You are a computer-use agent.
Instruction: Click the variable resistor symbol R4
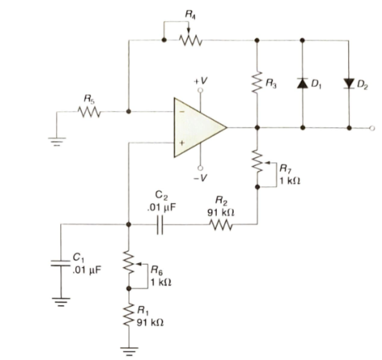pyautogui.click(x=190, y=40)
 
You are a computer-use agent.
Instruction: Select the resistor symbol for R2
pyautogui.click(x=221, y=224)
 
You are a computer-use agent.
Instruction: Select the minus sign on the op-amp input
pyautogui.click(x=182, y=111)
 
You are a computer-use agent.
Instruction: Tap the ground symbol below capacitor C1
pyautogui.click(x=61, y=302)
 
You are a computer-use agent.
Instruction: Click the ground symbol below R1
pyautogui.click(x=129, y=351)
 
